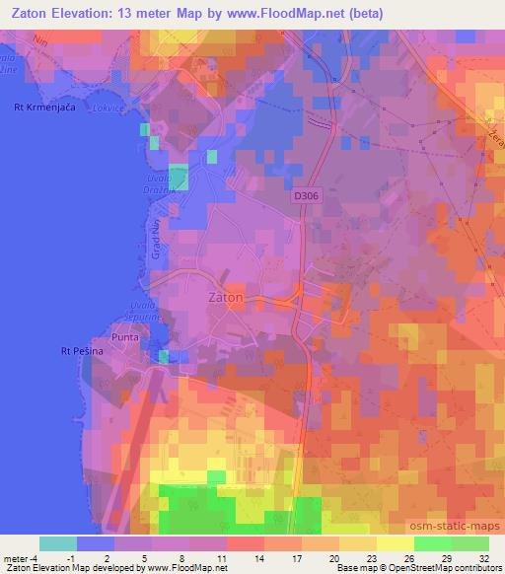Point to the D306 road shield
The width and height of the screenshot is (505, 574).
pos(305,197)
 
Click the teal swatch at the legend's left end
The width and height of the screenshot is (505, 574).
pos(57,543)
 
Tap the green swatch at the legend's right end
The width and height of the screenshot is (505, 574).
pos(469,543)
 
